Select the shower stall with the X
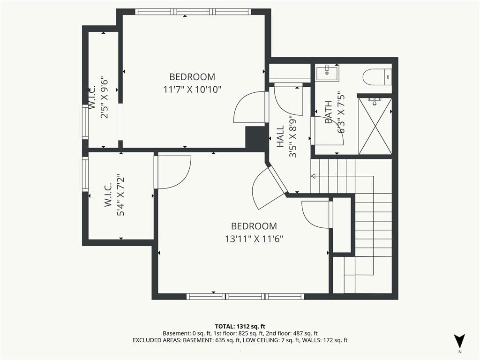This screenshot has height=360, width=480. tap(375, 126)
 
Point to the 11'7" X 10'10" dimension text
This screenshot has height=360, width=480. tap(192, 90)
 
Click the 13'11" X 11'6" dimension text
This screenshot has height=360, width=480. tap(254, 239)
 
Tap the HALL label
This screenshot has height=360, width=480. tap(280, 136)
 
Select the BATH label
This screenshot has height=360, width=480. tap(328, 112)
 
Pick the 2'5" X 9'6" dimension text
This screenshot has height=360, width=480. tap(105, 97)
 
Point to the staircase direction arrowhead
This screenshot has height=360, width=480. tap(313, 176)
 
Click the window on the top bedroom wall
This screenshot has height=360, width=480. tap(193, 12)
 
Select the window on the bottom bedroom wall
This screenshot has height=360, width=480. tap(245, 296)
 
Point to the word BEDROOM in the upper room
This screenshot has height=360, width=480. tap(192, 76)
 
